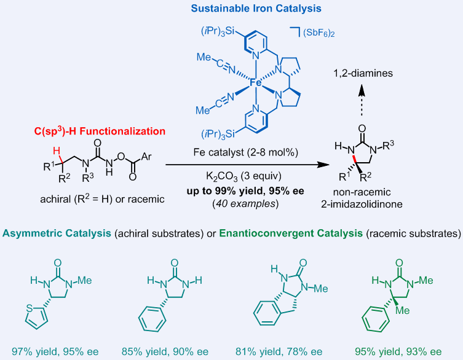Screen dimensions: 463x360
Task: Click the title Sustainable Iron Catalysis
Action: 256,8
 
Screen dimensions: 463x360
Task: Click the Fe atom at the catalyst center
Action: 256,83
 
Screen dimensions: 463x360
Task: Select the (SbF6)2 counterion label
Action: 319,33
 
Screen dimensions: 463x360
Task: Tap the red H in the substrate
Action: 57,151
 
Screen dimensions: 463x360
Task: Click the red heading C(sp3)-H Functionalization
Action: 100,131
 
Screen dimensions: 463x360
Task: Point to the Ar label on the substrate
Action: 146,157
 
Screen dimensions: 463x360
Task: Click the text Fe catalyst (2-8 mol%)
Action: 246,152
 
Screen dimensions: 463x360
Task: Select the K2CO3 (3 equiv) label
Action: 243,176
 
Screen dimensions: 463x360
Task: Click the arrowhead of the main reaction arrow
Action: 324,165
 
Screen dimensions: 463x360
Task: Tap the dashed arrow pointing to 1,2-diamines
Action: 362,101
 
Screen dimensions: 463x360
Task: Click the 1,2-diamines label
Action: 363,73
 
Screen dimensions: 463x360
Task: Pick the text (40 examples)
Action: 245,203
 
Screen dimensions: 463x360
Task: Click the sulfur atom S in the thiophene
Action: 30,308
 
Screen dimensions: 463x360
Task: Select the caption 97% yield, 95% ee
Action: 55,352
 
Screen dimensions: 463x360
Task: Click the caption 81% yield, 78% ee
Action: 279,352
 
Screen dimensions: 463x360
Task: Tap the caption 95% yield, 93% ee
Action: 398,352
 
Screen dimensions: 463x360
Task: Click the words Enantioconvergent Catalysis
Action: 291,233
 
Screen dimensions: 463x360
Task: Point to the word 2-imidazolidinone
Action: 362,204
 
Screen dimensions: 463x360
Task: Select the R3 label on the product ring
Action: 388,145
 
